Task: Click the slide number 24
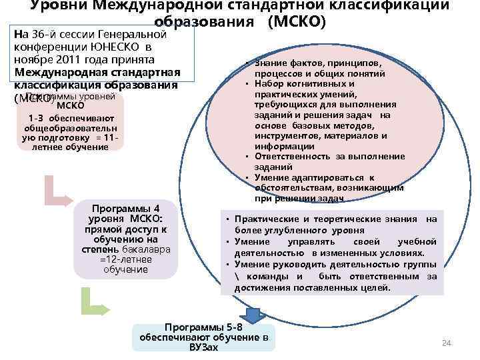tap(447, 343)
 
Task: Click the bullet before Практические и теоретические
tap(227, 219)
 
